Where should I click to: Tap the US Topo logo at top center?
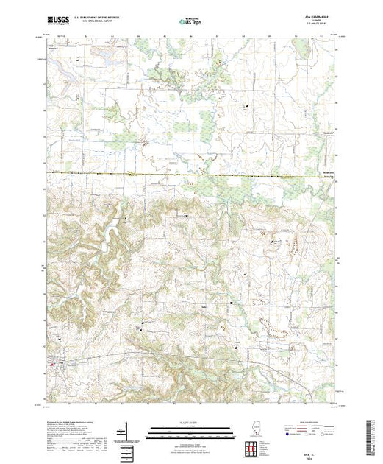click(x=191, y=22)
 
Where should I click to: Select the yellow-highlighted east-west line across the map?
click(x=191, y=175)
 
